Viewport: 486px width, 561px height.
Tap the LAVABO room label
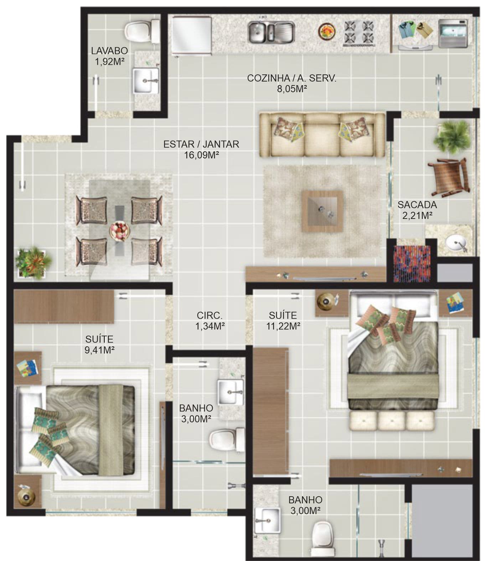(109, 51)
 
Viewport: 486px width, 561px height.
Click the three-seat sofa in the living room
(322, 135)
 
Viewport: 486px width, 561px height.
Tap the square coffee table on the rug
(322, 211)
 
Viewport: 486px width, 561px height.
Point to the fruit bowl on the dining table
(119, 231)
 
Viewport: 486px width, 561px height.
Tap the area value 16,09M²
(202, 155)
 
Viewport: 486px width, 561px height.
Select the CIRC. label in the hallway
(210, 315)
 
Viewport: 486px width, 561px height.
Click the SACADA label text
(417, 205)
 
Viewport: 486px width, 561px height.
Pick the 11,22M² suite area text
(283, 326)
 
